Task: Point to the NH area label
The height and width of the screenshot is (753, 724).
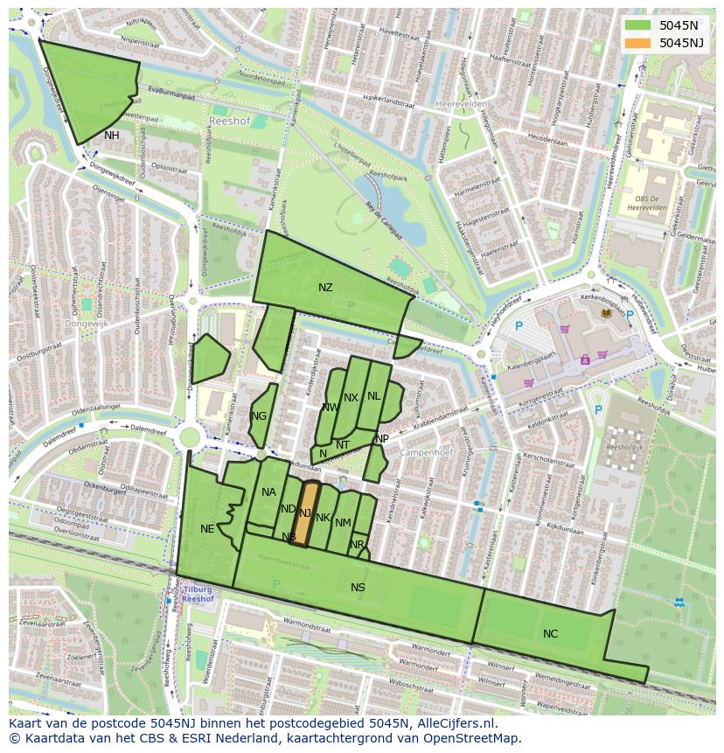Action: pos(111,136)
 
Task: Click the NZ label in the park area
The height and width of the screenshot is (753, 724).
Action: pos(325,288)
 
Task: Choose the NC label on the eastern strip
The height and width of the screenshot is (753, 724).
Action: pos(550,634)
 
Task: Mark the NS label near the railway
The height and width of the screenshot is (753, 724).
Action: pos(358,588)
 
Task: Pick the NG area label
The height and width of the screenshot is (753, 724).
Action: pos(259,416)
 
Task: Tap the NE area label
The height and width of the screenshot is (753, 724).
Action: pos(207,529)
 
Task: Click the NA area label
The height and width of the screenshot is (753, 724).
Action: pos(268,492)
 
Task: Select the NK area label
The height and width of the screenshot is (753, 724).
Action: pos(323,518)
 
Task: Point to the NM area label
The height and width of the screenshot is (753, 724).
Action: pos(343,523)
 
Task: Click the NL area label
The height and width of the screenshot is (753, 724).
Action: pos(374,396)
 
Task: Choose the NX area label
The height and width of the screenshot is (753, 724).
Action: pos(351,398)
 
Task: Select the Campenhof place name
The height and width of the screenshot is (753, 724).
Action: pos(423,453)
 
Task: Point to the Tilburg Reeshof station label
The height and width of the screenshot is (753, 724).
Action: pos(198,595)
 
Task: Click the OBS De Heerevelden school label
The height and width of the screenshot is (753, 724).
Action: pos(648,202)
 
